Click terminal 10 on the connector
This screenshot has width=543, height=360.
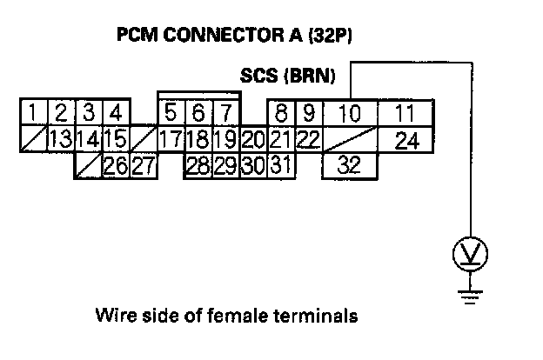pos(350,114)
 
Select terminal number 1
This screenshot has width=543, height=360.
pos(31,113)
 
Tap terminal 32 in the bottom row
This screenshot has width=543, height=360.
pos(350,163)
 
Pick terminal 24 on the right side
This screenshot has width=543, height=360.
pos(401,139)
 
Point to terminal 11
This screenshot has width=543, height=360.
pos(401,114)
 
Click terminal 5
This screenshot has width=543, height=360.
pos(171,113)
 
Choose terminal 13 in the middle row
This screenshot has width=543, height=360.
pos(59,139)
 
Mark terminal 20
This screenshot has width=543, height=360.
pos(253,139)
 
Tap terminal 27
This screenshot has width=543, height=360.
pos(144,164)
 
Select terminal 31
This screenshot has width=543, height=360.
pos(279,164)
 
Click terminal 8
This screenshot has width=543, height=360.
pos(281,114)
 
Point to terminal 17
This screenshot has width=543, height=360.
pos(171,139)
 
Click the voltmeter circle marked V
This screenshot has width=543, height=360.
pos(471,255)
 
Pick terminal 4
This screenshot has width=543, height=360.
pos(116,113)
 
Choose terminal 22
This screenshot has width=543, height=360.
pos(306,139)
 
